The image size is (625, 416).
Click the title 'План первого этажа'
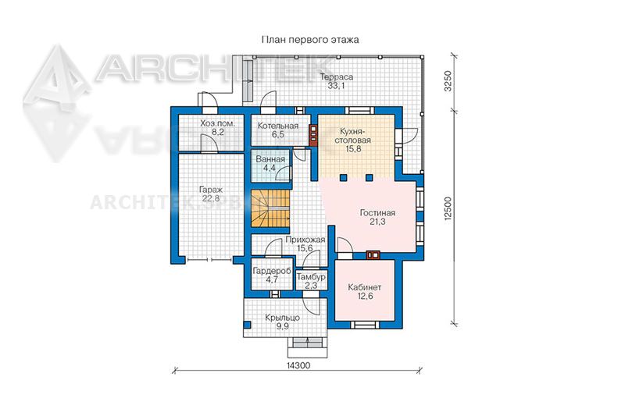(309, 40)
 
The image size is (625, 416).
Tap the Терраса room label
(337, 76)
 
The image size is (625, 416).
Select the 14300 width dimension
(298, 365)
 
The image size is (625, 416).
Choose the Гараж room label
(211, 190)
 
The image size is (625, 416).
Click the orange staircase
(270, 208)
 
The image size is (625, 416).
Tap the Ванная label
(270, 159)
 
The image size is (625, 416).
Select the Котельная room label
(278, 126)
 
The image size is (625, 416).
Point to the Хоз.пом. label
(218, 123)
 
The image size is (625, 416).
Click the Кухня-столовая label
(352, 135)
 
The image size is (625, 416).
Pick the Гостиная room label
(377, 213)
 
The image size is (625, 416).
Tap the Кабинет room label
(365, 287)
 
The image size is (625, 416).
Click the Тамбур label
(311, 276)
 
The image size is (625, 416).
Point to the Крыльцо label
(282, 318)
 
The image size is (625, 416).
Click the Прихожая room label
(305, 240)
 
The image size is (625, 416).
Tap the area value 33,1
(337, 86)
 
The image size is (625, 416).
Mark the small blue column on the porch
(247, 325)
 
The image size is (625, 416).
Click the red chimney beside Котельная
(313, 136)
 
